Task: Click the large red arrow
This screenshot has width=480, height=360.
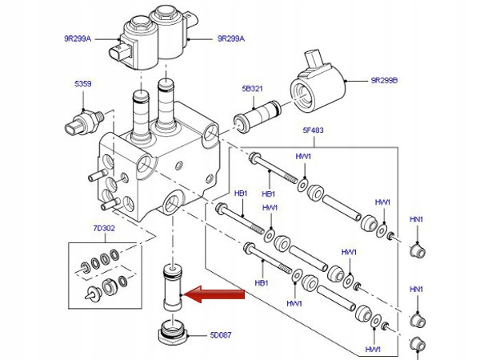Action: (214, 296)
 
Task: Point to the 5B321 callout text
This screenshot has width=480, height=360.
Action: (253, 90)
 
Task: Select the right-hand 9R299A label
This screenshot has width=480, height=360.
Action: (230, 38)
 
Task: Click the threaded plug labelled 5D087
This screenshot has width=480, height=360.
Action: (171, 330)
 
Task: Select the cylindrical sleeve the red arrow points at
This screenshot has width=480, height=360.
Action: (171, 287)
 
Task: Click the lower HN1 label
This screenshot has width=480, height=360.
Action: (416, 288)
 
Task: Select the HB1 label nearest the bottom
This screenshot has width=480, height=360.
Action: (261, 282)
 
